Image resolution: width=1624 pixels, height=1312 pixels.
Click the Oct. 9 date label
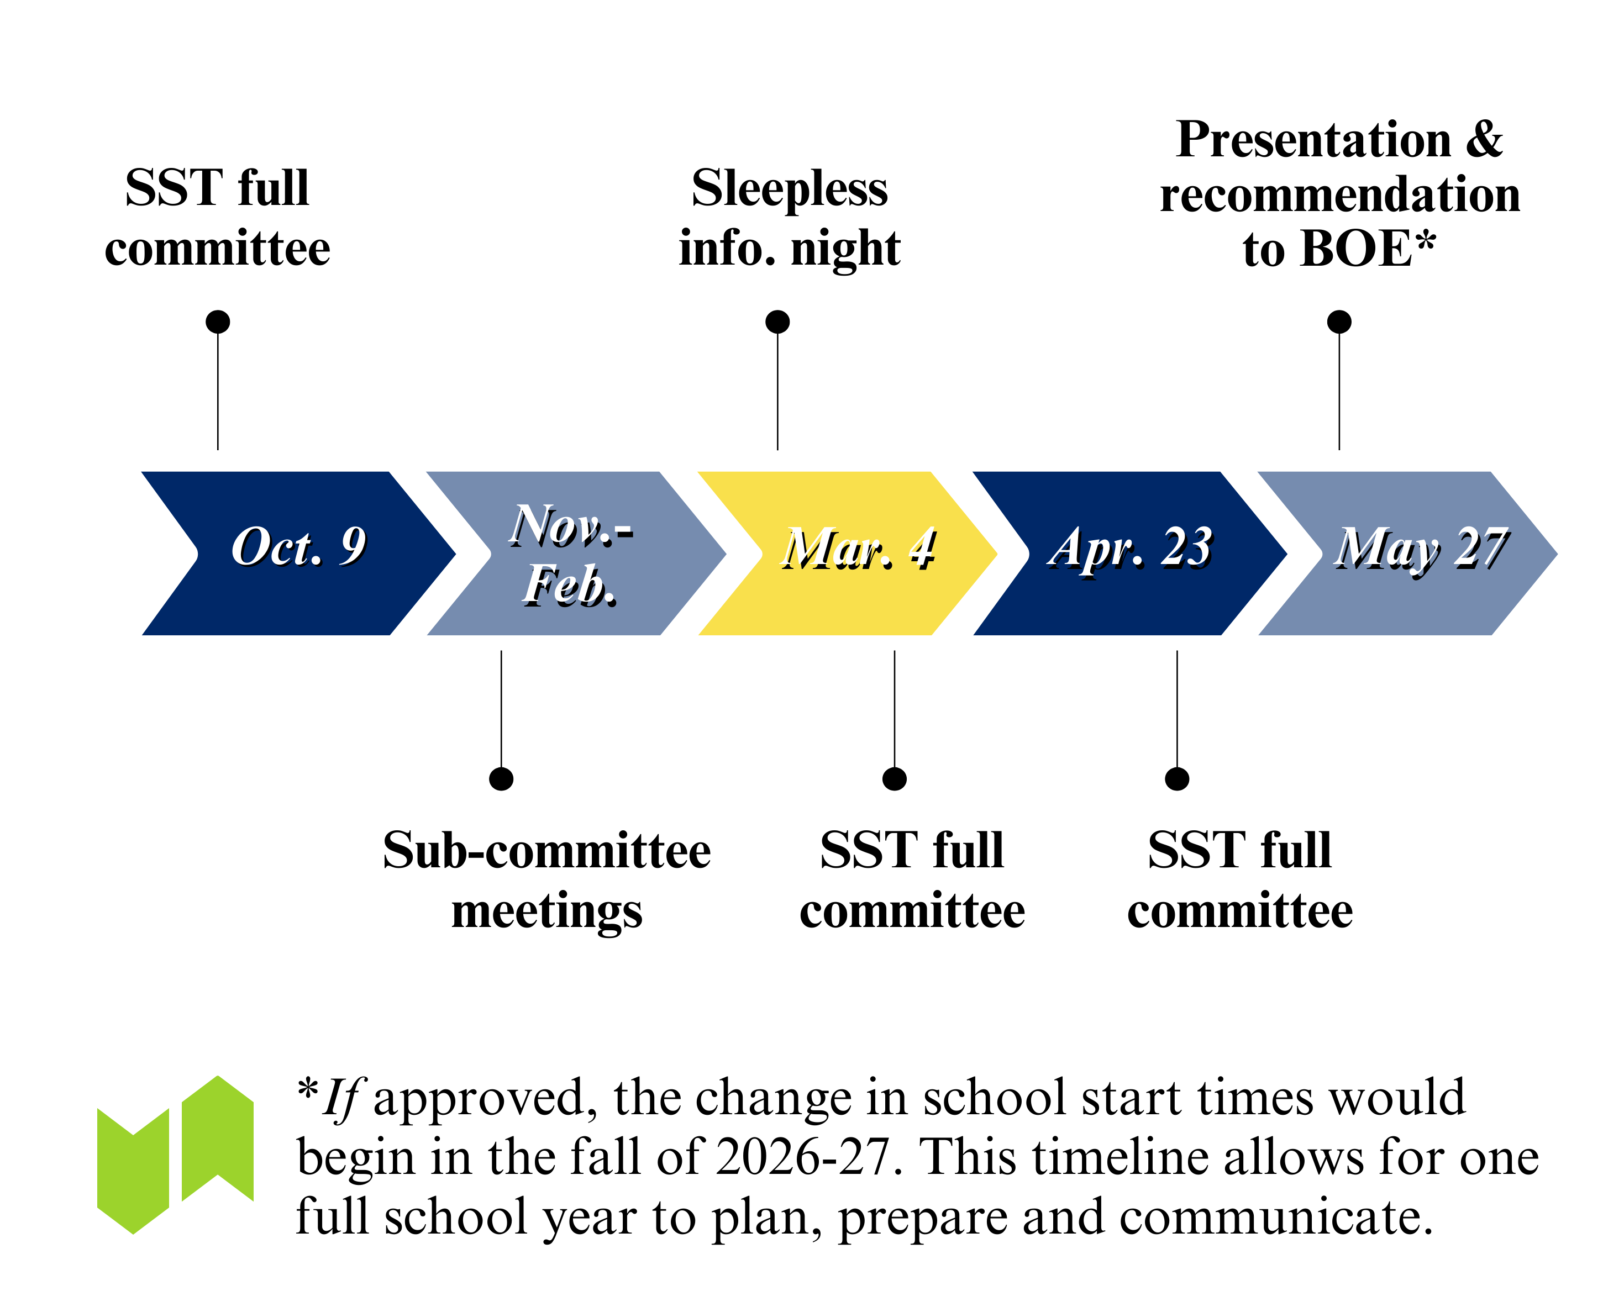299,547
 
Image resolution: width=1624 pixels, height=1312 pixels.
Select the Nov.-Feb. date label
571,555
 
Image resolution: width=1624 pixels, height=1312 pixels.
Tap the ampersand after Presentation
1484,140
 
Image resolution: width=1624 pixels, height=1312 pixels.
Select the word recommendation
1340,195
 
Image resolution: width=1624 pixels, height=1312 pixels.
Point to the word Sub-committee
546,850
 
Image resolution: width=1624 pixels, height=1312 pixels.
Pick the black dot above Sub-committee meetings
501,778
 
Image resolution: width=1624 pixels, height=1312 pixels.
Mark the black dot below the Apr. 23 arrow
1176,778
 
